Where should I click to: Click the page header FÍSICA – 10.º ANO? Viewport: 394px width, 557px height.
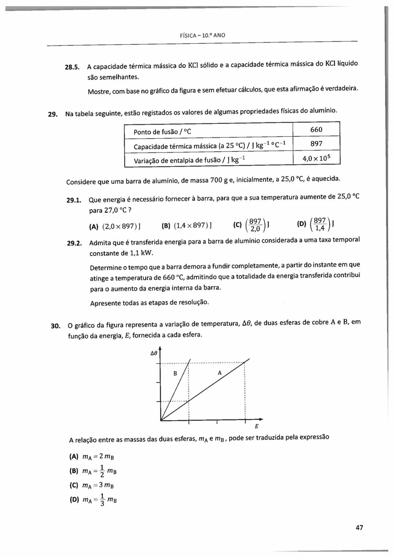(x=202, y=35)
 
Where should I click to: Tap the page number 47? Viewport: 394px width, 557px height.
(x=359, y=527)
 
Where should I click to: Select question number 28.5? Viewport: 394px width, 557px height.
(x=72, y=67)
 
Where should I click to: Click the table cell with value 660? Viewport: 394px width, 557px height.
(x=316, y=130)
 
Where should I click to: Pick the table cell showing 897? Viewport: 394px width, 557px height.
(x=316, y=144)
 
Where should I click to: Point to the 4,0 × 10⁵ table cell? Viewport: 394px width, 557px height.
(x=316, y=159)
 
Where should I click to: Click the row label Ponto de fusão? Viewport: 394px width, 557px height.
(x=162, y=132)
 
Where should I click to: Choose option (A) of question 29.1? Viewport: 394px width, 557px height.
(x=115, y=226)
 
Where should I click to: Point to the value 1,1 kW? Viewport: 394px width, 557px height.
(x=142, y=253)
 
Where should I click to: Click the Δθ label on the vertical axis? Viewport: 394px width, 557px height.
(x=154, y=354)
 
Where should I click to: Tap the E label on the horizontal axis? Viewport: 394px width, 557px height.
(x=256, y=426)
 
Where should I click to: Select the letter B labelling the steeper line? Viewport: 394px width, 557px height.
(x=175, y=373)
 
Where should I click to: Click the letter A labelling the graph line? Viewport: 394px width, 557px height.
(x=220, y=373)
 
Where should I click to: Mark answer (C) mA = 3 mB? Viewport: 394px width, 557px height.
(x=92, y=485)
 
